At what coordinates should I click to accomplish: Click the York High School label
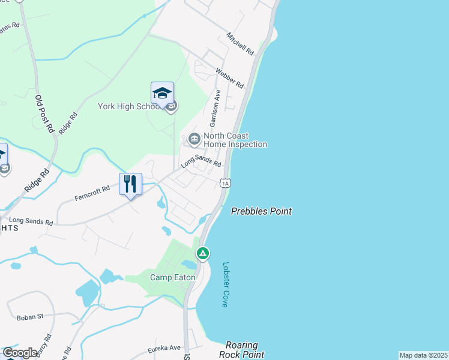pyautogui.click(x=129, y=107)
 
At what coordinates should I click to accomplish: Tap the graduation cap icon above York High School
pyautogui.click(x=162, y=94)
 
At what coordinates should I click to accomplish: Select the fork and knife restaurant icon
pyautogui.click(x=130, y=183)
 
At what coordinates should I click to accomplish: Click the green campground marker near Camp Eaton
pyautogui.click(x=203, y=254)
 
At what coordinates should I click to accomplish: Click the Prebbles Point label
pyautogui.click(x=262, y=211)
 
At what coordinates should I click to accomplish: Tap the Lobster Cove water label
pyautogui.click(x=226, y=284)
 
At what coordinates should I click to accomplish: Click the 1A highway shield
pyautogui.click(x=224, y=182)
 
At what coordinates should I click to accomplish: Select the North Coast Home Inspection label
pyautogui.click(x=235, y=140)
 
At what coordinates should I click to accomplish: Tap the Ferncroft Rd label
pyautogui.click(x=92, y=193)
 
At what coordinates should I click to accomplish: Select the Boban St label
pyautogui.click(x=31, y=316)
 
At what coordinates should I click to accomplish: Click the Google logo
pyautogui.click(x=20, y=353)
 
